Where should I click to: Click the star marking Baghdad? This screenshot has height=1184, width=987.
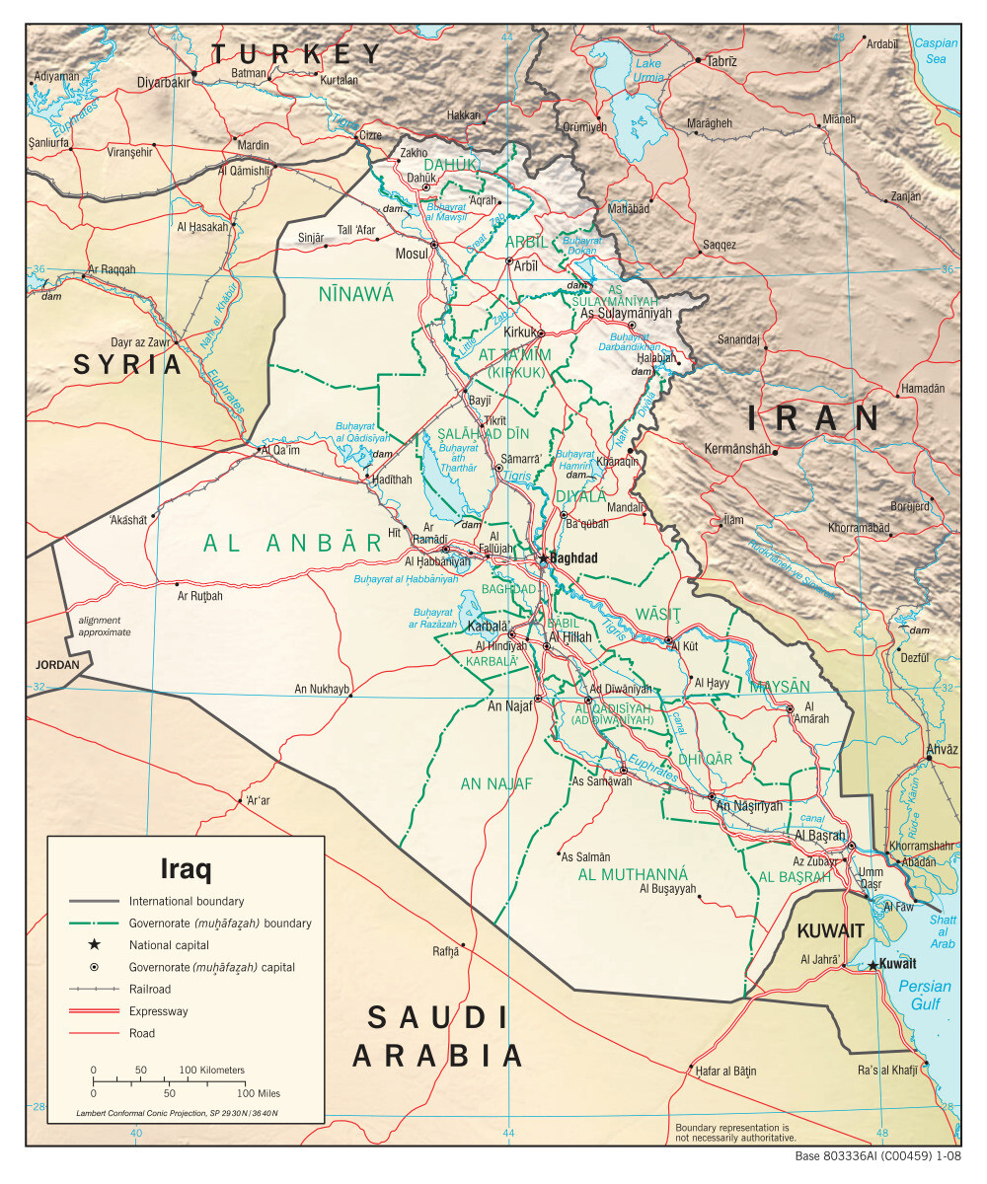coord(543,558)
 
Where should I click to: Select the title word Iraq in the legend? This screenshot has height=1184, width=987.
coord(186,869)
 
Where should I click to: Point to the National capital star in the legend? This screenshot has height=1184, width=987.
coord(94,945)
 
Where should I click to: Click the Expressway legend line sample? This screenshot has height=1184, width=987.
coord(94,1011)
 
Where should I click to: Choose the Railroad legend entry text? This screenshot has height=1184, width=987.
coord(150,989)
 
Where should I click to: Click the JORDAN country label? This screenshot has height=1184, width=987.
coord(58,665)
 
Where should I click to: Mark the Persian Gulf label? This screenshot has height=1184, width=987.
coord(925,995)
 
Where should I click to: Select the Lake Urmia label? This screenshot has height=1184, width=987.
coord(648,70)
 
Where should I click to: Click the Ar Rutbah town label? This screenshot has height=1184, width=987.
coord(200,596)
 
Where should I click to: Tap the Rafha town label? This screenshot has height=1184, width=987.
coord(446,951)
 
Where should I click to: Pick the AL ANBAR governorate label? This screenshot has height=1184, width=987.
coord(292,542)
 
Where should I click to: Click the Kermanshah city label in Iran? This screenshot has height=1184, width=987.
coord(736,449)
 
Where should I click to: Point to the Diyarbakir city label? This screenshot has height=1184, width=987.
coord(163,82)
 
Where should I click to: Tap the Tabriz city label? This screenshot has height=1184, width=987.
coord(721,61)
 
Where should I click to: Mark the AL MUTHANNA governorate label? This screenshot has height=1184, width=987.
coord(633,874)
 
